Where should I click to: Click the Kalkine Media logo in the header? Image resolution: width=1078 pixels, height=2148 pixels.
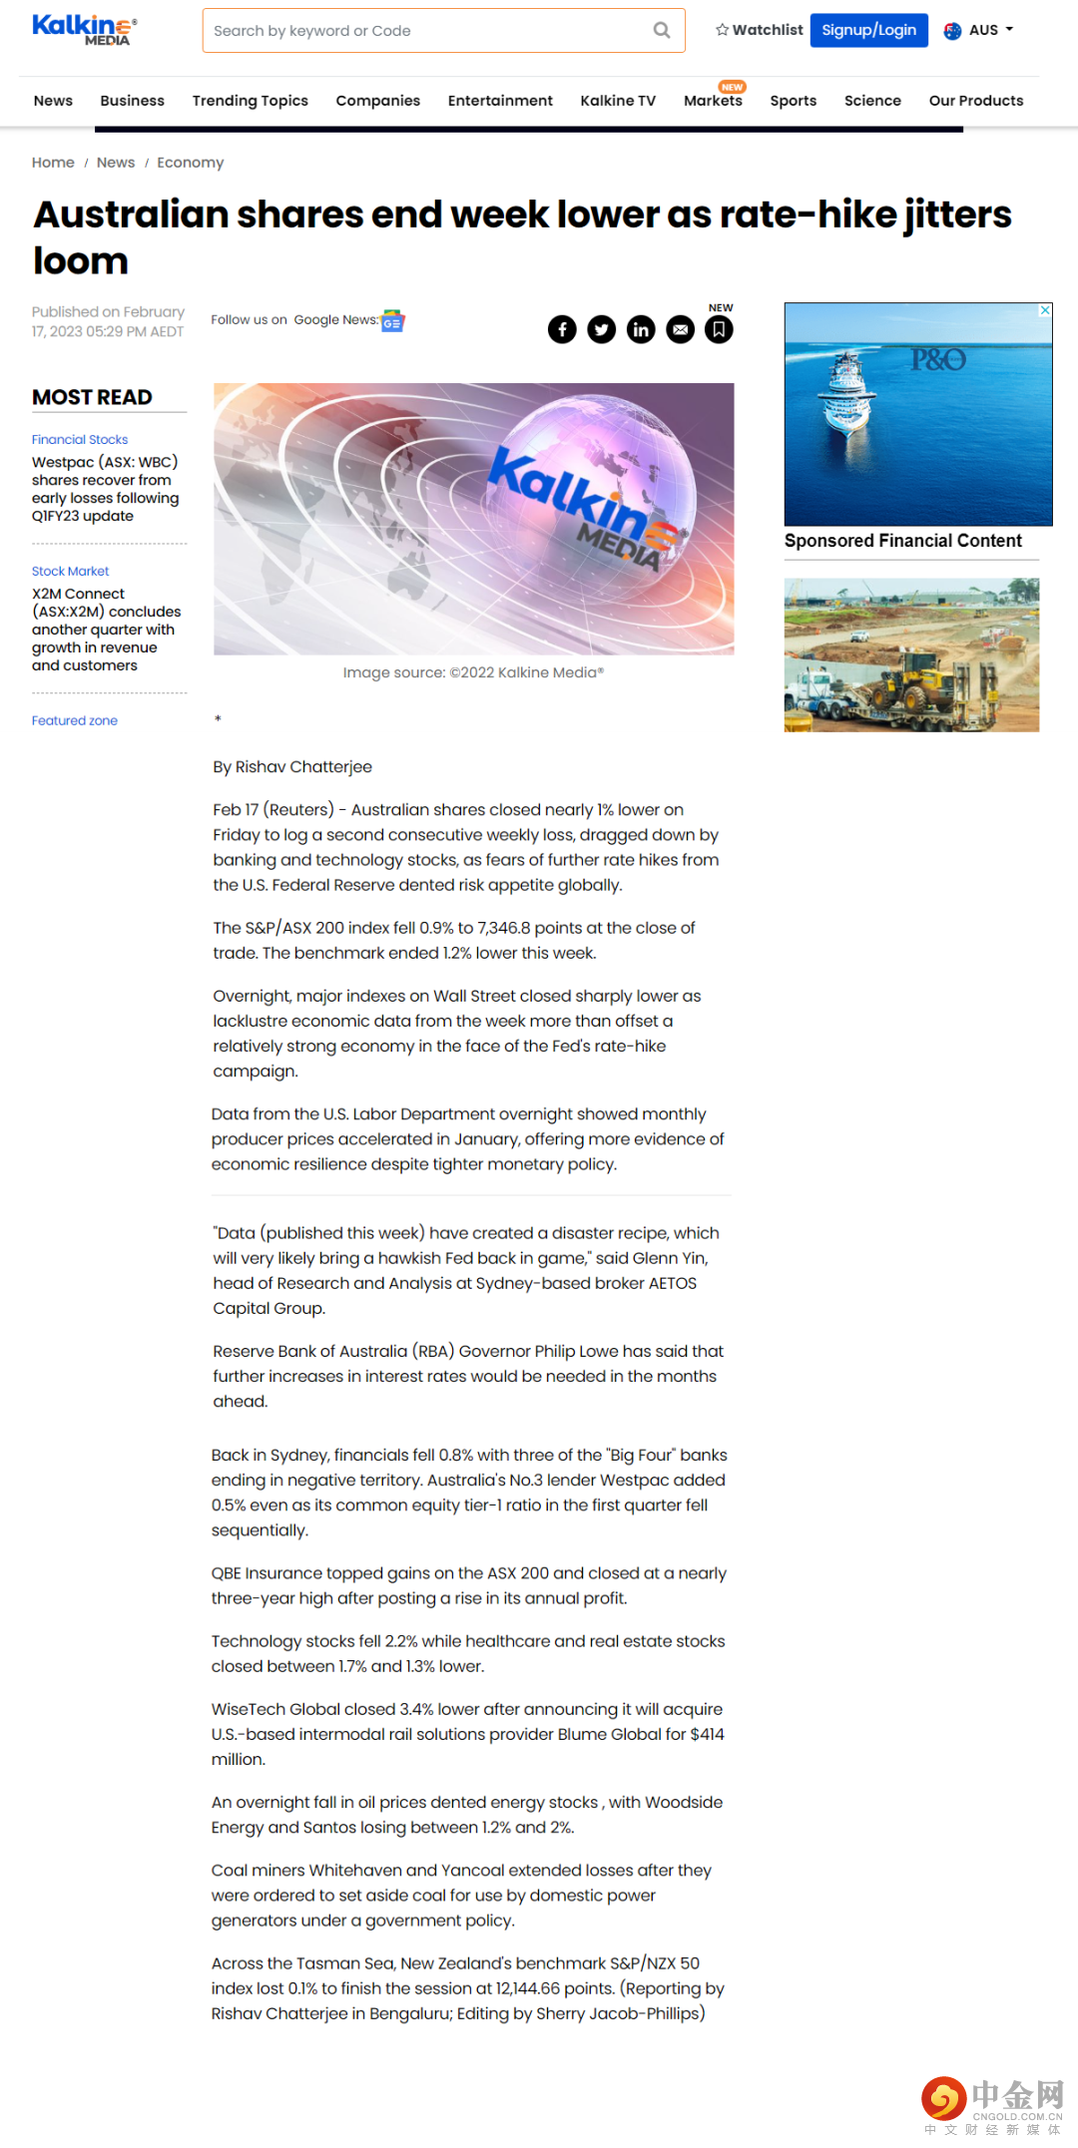pyautogui.click(x=84, y=30)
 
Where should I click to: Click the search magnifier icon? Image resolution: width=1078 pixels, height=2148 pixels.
pyautogui.click(x=661, y=30)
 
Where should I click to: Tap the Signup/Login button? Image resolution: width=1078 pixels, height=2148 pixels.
pyautogui.click(x=868, y=30)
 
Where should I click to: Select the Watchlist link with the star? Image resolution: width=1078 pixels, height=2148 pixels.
pyautogui.click(x=759, y=30)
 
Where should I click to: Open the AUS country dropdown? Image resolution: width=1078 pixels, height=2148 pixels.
pyautogui.click(x=979, y=30)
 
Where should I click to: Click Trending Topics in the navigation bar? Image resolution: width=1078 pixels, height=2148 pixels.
pyautogui.click(x=250, y=101)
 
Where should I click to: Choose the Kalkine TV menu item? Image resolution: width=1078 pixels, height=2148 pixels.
pyautogui.click(x=618, y=101)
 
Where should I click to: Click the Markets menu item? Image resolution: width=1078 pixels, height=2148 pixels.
pyautogui.click(x=713, y=101)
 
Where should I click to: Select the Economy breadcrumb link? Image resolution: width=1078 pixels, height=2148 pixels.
pyautogui.click(x=190, y=163)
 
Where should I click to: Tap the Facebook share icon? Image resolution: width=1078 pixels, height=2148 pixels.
pyautogui.click(x=562, y=329)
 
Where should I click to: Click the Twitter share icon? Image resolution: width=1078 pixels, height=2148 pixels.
pyautogui.click(x=601, y=329)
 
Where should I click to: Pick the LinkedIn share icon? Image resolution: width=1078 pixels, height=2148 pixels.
pyautogui.click(x=641, y=329)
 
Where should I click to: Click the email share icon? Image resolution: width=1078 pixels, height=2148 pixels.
pyautogui.click(x=680, y=329)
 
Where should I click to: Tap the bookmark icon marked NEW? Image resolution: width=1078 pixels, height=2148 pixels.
pyautogui.click(x=719, y=329)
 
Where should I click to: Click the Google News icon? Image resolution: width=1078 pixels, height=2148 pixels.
pyautogui.click(x=393, y=321)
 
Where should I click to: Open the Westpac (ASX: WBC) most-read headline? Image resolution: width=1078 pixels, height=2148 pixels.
pyautogui.click(x=105, y=489)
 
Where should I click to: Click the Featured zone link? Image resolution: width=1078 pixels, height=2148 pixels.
pyautogui.click(x=75, y=720)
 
